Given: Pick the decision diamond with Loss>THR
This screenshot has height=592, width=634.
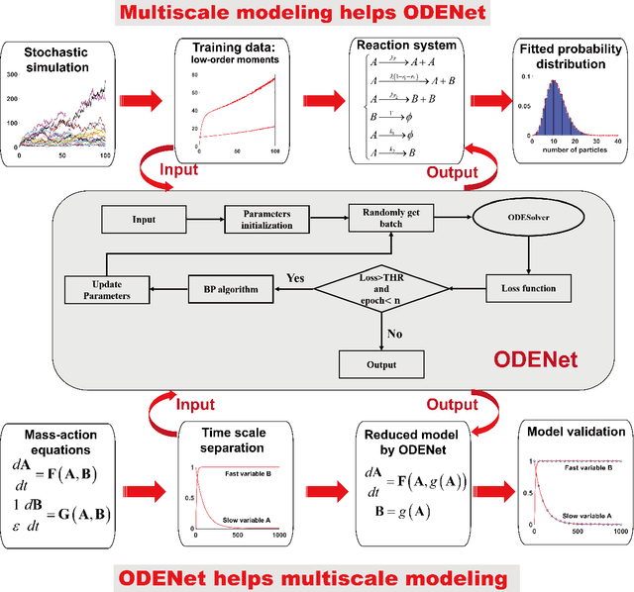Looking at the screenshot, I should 382,288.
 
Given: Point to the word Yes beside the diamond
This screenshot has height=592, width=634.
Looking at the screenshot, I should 294,278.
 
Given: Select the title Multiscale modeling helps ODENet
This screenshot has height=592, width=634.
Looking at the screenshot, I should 316,14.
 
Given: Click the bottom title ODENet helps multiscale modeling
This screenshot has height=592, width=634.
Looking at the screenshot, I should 316,578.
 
